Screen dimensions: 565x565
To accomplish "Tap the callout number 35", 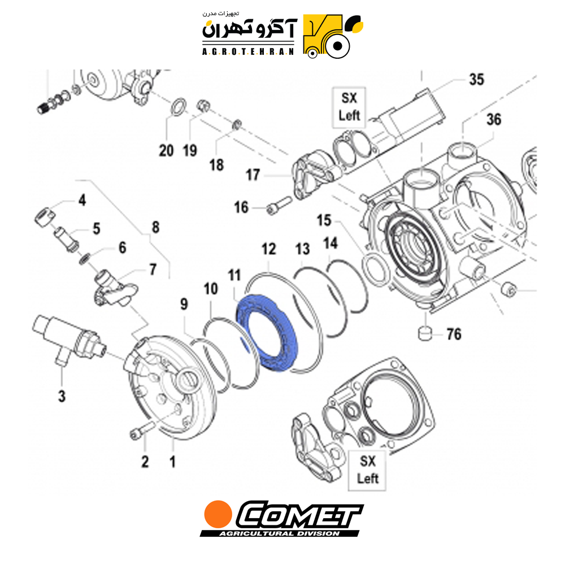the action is (476, 80).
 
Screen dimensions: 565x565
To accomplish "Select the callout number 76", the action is (454, 334).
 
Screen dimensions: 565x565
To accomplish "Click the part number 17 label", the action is (253, 175).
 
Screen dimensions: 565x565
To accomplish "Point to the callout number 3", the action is (62, 396).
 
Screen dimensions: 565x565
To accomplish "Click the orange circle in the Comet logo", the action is (218, 514).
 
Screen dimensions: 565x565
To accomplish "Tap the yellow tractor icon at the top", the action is (333, 36).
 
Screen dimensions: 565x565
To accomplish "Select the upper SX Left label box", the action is (349, 107).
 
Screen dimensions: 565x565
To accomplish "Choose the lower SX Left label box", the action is (367, 470).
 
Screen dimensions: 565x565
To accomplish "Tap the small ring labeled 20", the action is (178, 107).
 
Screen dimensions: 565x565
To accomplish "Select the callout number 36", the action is (494, 120).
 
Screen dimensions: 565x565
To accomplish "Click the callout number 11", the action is (234, 276).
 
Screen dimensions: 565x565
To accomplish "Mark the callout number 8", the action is (156, 227).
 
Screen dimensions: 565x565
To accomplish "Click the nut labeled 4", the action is (45, 217).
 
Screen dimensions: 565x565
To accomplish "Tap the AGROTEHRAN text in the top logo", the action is (248, 52).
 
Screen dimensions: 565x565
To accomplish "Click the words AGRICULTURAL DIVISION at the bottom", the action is (279, 533).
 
